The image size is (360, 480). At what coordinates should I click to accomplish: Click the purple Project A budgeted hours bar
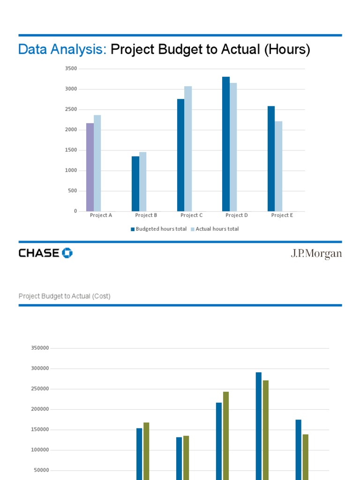click(x=90, y=167)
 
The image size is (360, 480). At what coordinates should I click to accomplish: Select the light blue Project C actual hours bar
click(x=188, y=149)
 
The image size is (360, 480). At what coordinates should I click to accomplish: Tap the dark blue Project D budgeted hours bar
click(x=226, y=144)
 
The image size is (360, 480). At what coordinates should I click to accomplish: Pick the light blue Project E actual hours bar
click(x=278, y=166)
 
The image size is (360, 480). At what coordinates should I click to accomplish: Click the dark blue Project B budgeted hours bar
click(x=135, y=184)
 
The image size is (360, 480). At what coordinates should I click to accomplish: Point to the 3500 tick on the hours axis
click(x=71, y=68)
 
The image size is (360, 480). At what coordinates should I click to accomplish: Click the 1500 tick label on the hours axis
click(x=71, y=150)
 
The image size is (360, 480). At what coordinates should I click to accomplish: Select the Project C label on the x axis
click(x=192, y=216)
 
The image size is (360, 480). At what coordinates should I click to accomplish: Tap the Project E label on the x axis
click(x=282, y=216)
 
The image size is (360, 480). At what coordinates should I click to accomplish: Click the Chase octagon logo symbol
click(x=67, y=253)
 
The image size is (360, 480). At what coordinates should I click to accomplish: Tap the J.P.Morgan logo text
click(x=316, y=254)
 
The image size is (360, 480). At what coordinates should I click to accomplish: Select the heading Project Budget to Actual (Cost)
click(x=65, y=296)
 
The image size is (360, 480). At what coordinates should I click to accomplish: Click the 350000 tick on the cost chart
click(x=40, y=348)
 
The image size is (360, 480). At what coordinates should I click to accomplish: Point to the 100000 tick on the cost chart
click(x=40, y=450)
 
